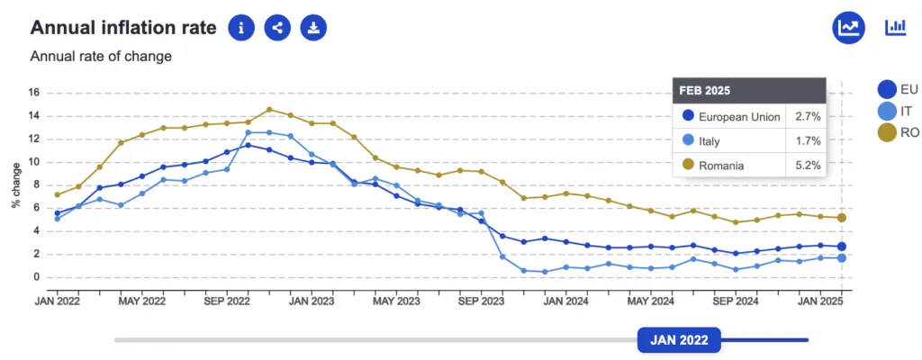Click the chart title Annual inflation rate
click(x=123, y=28)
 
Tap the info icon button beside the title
click(x=241, y=28)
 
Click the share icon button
click(x=277, y=28)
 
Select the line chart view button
click(x=848, y=28)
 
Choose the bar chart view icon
click(x=896, y=28)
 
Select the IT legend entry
click(x=898, y=111)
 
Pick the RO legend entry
click(x=898, y=133)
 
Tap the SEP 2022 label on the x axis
click(x=226, y=301)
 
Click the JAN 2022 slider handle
click(x=679, y=340)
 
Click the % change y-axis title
click(x=16, y=184)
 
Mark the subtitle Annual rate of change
click(x=101, y=57)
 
